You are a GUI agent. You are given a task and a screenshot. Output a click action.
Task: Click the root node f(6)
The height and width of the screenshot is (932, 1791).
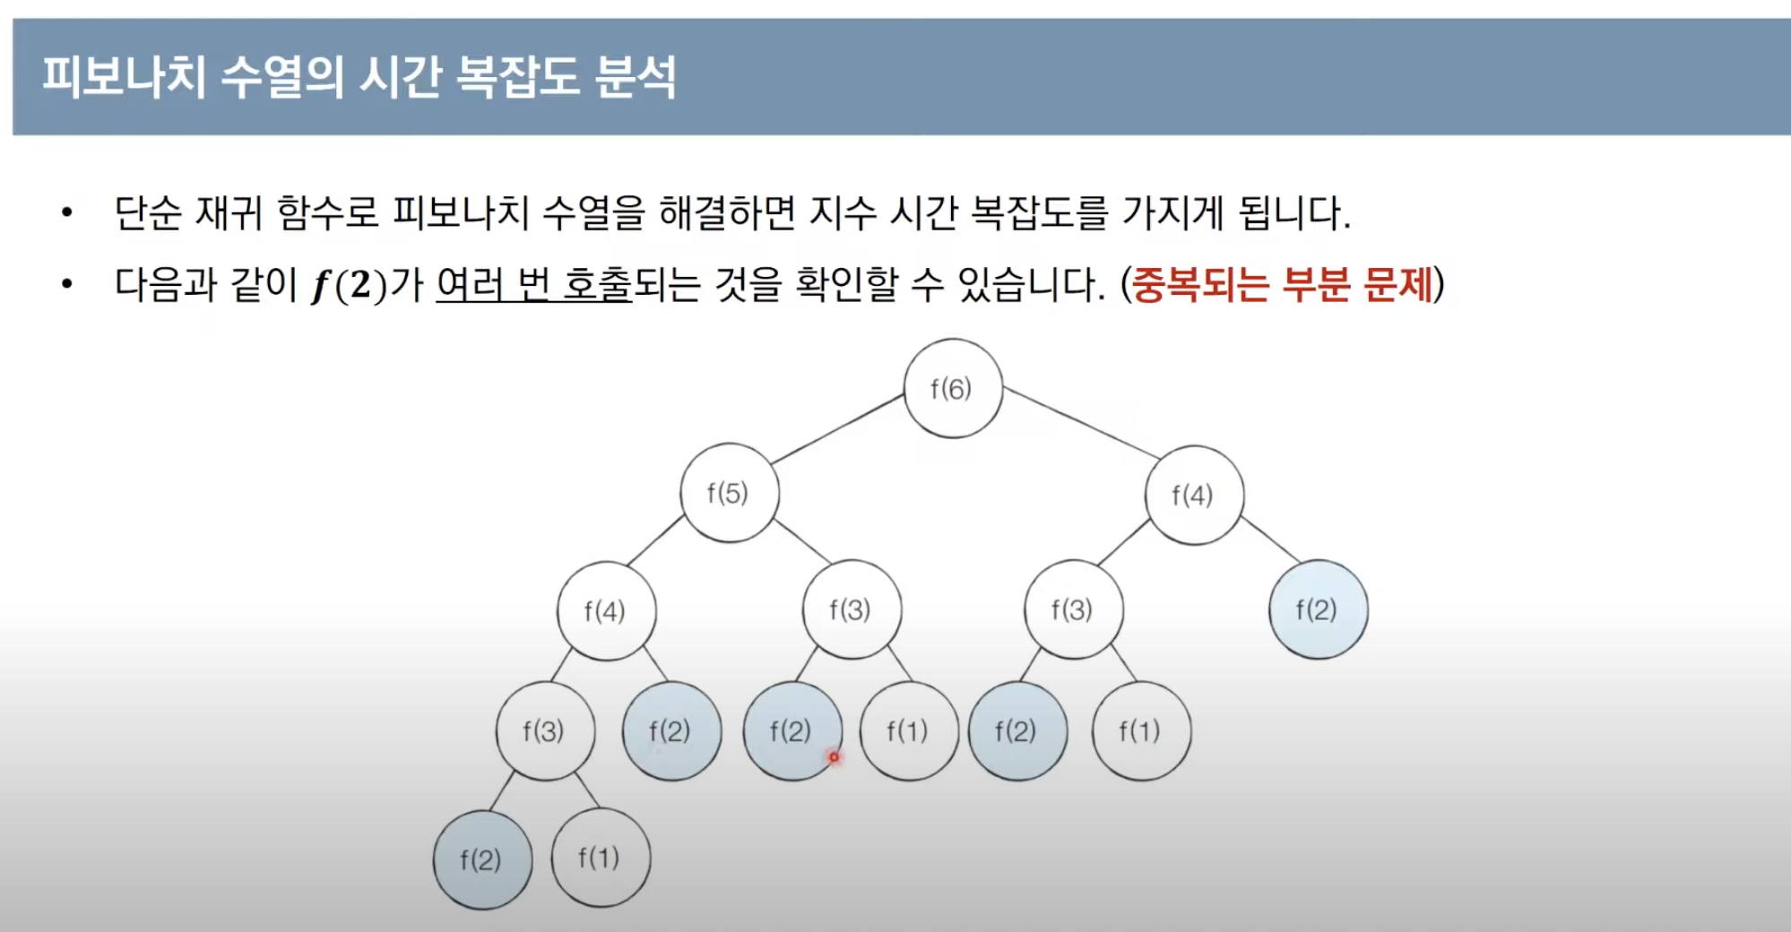[953, 388]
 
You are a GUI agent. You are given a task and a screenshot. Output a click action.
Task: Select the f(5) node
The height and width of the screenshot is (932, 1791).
[730, 492]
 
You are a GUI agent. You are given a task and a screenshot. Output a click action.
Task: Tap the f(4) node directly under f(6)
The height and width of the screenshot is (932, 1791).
[1194, 495]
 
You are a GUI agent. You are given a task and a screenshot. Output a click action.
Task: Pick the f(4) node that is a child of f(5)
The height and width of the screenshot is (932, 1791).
[606, 611]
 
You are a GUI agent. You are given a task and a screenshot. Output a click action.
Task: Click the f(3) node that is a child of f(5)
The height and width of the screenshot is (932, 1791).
[852, 609]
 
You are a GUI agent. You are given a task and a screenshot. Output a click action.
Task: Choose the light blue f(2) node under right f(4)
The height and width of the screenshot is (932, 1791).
[1318, 609]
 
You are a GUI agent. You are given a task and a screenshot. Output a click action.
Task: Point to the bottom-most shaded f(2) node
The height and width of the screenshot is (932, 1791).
[482, 859]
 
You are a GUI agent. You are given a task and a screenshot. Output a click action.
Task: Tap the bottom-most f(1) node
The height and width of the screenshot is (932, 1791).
[601, 858]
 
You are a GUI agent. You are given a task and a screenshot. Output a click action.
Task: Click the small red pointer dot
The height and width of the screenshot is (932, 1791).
[834, 757]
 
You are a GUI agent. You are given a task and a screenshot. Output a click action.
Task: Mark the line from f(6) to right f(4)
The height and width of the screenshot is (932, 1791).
[1082, 423]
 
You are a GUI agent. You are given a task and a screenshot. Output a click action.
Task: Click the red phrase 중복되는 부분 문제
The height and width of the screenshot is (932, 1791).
[1283, 285]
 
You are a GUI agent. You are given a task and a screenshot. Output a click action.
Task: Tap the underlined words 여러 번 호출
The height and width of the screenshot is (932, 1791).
[534, 285]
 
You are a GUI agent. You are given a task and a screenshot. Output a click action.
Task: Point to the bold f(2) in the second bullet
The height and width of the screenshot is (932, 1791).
[349, 285]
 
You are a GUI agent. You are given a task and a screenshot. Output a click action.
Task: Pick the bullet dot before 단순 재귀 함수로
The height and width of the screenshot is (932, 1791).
[66, 213]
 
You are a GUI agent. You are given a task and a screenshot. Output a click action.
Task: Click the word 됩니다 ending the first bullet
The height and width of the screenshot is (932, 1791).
[1293, 213]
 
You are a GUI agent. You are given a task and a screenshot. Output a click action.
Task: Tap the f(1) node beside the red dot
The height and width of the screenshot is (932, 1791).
[909, 731]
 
